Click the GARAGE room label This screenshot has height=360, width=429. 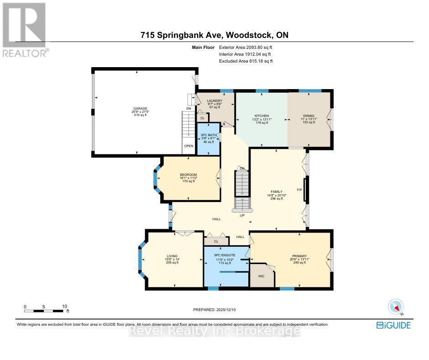[x=140, y=109]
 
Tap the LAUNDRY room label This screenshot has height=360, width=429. [x=214, y=101]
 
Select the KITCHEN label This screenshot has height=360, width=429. [x=262, y=116]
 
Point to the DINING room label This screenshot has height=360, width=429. [x=309, y=116]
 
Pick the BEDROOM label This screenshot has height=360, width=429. [x=188, y=175]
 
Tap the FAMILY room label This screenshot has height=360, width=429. [x=276, y=192]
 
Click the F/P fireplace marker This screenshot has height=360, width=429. [x=300, y=190]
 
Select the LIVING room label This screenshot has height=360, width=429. [x=172, y=256]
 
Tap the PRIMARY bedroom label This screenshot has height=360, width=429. [x=299, y=256]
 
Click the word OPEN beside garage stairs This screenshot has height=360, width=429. [x=188, y=146]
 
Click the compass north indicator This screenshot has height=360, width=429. [x=395, y=307]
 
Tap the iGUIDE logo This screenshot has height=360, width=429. [x=393, y=325]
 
